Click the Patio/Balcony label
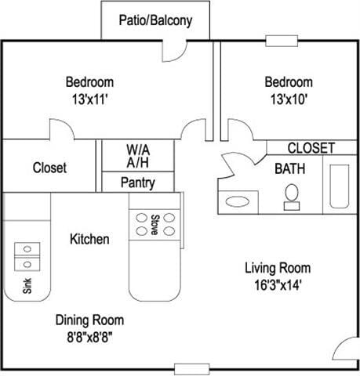click(x=155, y=21)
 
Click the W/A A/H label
click(x=139, y=154)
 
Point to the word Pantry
click(x=138, y=183)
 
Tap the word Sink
click(x=27, y=284)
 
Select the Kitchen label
click(x=89, y=239)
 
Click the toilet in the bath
click(x=292, y=196)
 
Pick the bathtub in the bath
click(x=339, y=186)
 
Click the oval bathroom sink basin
click(x=236, y=201)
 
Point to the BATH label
click(x=289, y=168)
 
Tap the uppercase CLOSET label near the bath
click(x=311, y=147)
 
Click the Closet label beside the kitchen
click(x=49, y=168)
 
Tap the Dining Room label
click(x=89, y=320)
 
